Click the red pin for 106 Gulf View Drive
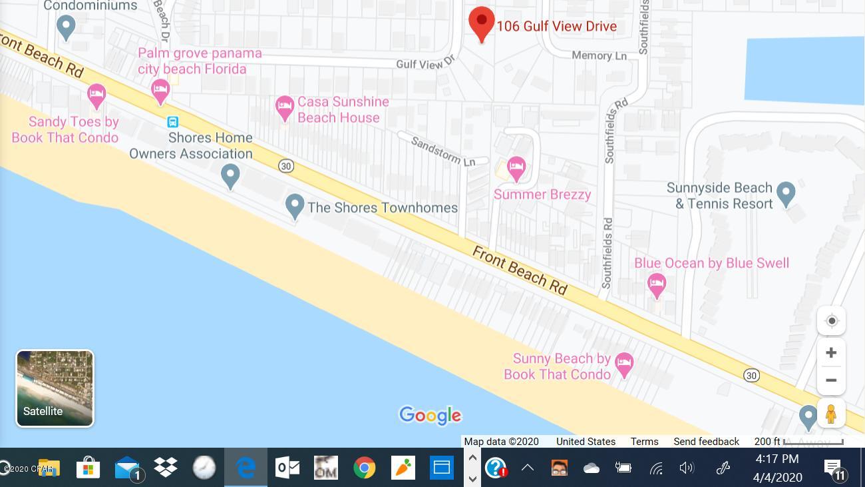click(x=482, y=23)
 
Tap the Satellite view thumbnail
click(x=55, y=388)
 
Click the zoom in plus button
click(x=831, y=352)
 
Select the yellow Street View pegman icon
click(x=830, y=414)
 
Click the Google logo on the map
click(x=430, y=415)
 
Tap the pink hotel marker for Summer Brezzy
click(x=516, y=167)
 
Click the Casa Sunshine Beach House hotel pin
click(x=285, y=107)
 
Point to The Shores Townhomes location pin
click(x=295, y=205)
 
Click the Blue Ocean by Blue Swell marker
click(x=657, y=284)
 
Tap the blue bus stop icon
click(x=172, y=122)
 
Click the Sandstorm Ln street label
click(x=443, y=151)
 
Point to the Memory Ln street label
click(x=599, y=55)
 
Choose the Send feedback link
click(x=706, y=442)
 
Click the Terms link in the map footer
click(x=644, y=442)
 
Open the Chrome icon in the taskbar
click(x=364, y=468)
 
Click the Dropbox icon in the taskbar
click(x=166, y=468)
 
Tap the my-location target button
click(x=831, y=321)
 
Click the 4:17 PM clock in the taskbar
click(x=777, y=459)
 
